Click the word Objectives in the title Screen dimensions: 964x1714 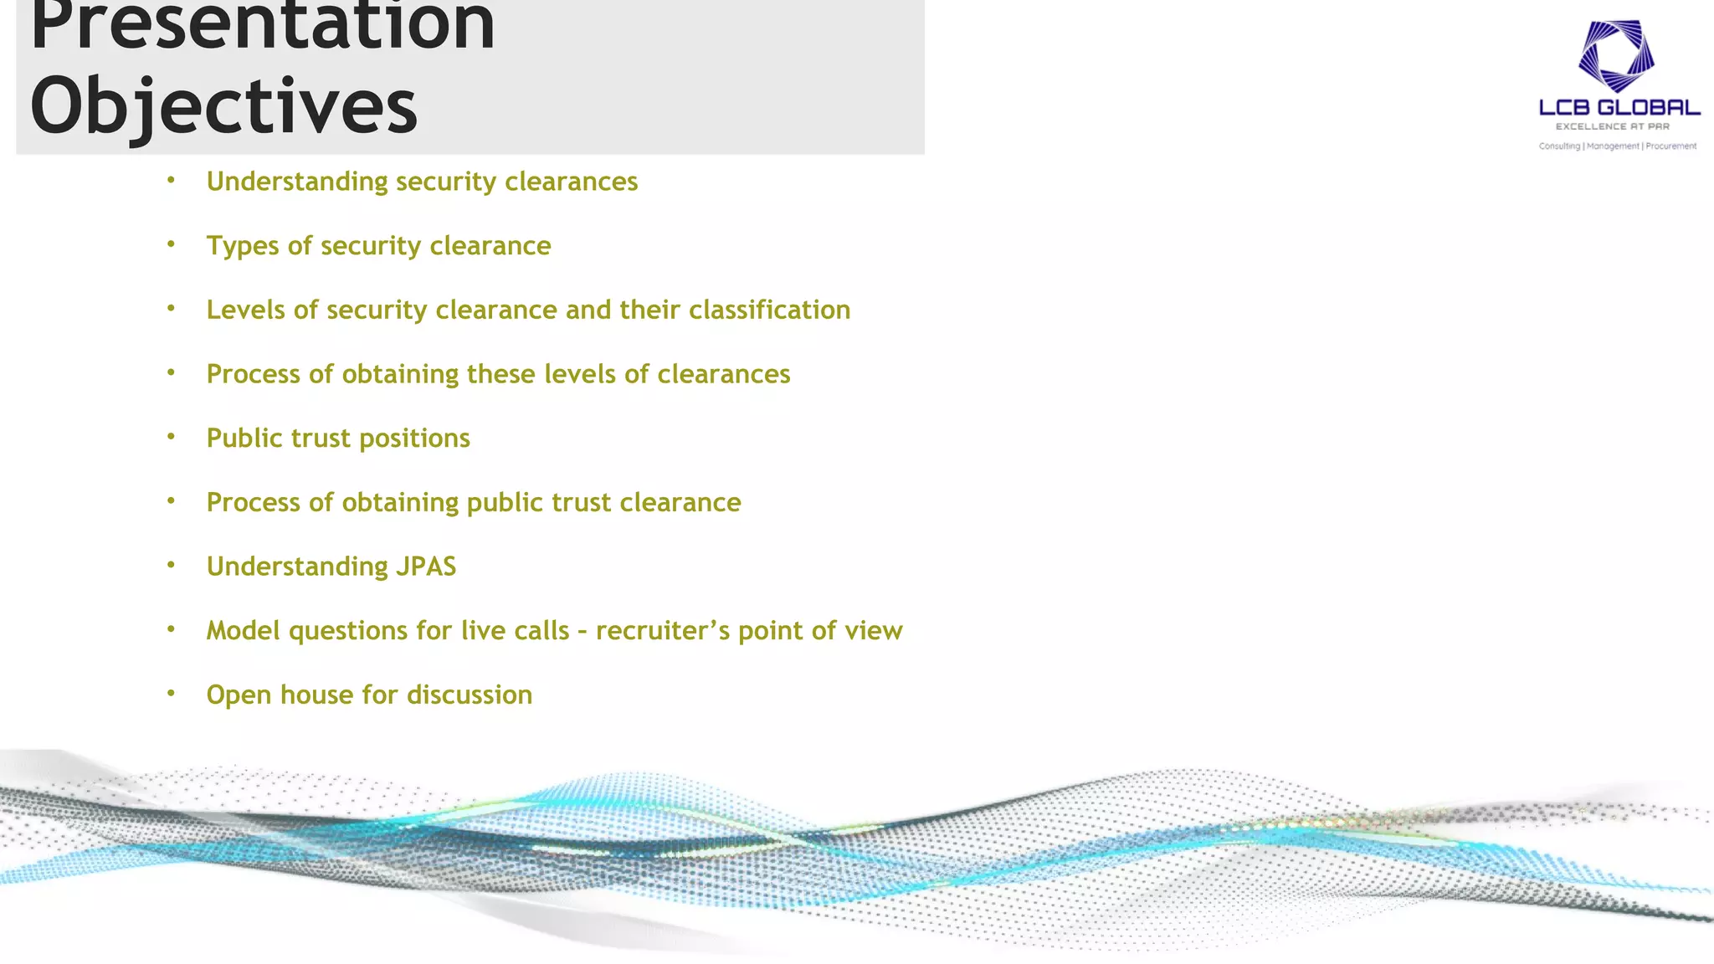[x=223, y=106]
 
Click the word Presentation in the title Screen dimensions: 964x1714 [x=262, y=25]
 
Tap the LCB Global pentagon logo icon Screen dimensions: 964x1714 [x=1616, y=55]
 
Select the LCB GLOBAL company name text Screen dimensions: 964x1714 [x=1619, y=108]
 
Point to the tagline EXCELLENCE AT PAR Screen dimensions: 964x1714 [x=1612, y=127]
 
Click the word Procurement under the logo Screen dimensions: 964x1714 [x=1670, y=146]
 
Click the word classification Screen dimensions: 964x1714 [x=769, y=310]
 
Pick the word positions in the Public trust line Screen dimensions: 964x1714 [x=414, y=438]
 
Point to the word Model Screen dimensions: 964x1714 [x=243, y=631]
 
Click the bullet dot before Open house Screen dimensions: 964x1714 [x=171, y=694]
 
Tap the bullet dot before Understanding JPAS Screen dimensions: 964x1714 [x=171, y=566]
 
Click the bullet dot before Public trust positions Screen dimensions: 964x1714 [x=171, y=437]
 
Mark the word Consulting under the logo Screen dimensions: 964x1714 [x=1559, y=146]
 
